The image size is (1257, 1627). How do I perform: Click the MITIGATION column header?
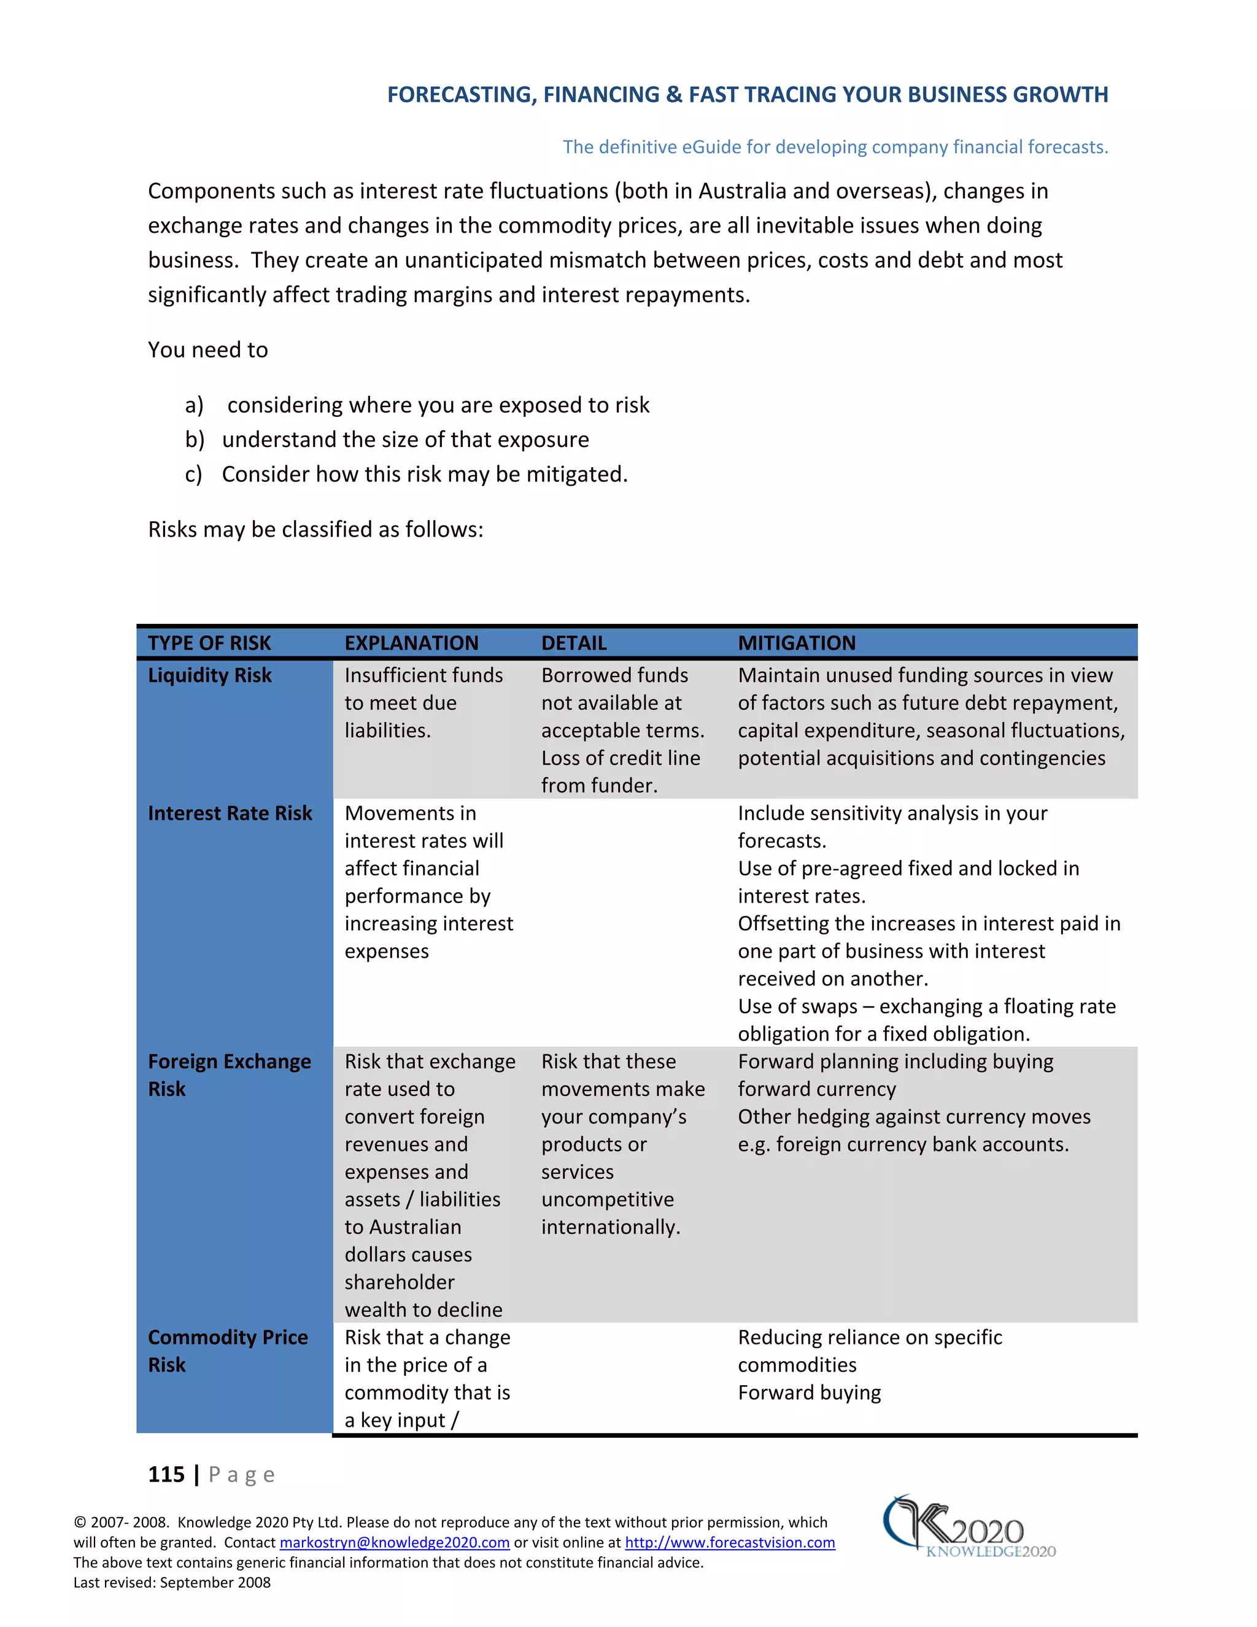pos(796,643)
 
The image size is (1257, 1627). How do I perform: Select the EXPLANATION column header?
pos(411,643)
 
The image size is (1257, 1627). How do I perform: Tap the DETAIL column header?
pos(573,643)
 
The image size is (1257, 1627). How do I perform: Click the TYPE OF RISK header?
pos(209,643)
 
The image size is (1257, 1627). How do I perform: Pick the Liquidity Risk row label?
pos(209,675)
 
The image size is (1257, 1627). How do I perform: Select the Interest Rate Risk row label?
pos(230,813)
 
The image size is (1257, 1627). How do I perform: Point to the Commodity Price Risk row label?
pos(227,1351)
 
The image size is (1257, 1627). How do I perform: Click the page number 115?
pos(166,1474)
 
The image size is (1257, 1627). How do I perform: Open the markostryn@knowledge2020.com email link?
pos(394,1542)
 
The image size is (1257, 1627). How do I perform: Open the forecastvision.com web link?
pos(729,1542)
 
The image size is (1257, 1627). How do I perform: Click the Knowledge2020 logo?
pos(968,1529)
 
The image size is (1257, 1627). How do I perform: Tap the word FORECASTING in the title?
pos(460,95)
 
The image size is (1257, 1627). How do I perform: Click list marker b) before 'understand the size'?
pos(195,440)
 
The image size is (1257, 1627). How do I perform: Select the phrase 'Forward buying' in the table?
pos(809,1392)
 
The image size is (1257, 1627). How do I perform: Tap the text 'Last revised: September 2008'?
pos(171,1582)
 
